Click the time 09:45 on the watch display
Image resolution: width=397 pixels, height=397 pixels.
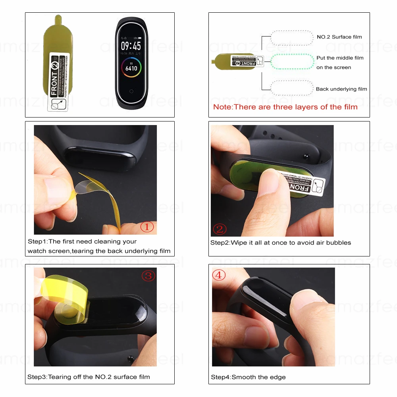(x=131, y=46)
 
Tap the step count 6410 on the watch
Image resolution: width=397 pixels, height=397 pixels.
(x=131, y=68)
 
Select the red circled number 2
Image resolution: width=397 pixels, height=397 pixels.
(x=220, y=229)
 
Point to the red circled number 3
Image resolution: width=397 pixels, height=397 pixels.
(x=148, y=276)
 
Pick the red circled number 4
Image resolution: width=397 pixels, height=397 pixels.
(x=219, y=275)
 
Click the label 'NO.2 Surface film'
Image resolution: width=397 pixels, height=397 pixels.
(x=339, y=37)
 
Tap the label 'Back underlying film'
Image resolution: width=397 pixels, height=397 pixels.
(x=341, y=89)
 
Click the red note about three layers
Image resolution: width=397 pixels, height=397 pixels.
(x=285, y=107)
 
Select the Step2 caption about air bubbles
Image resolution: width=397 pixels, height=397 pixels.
(x=280, y=243)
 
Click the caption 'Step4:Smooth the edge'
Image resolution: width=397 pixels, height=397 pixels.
(x=248, y=377)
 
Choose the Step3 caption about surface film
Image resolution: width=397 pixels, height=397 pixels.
(x=89, y=377)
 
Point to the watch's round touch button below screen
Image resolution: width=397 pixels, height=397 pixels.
(x=131, y=92)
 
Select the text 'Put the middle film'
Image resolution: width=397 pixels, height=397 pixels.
(x=340, y=58)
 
